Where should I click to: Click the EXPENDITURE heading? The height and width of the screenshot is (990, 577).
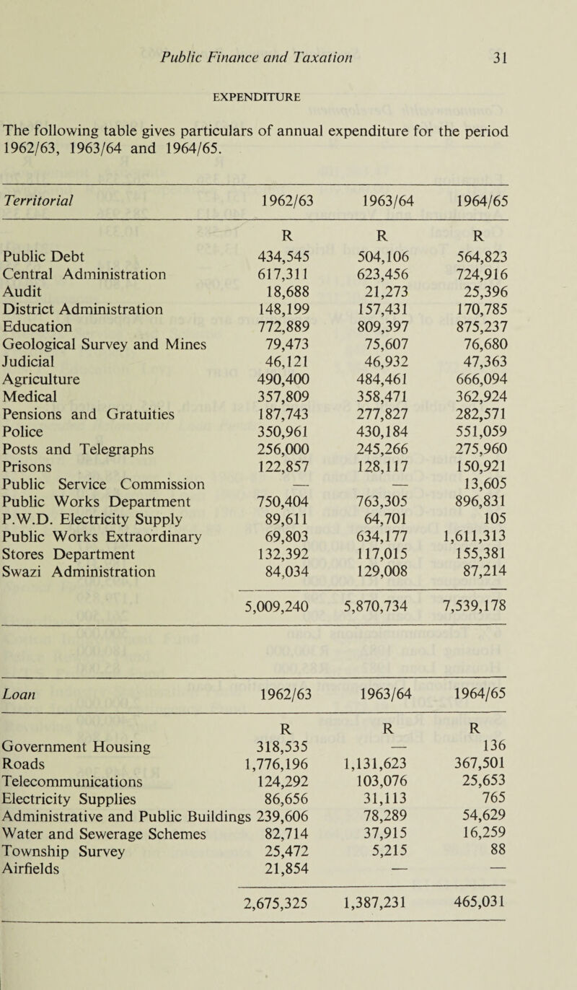tap(288, 95)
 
